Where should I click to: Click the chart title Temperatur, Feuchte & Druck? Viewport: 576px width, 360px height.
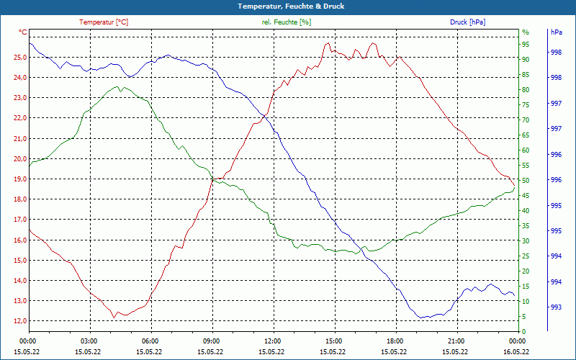click(288, 6)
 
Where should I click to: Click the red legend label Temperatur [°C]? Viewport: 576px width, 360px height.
click(104, 22)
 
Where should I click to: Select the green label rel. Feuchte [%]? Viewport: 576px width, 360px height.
click(287, 22)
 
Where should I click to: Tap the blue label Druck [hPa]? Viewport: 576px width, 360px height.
click(467, 22)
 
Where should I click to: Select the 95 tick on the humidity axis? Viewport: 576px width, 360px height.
click(526, 45)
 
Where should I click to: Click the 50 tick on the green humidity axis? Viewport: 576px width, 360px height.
click(526, 181)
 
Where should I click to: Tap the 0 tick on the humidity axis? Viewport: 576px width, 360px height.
click(523, 332)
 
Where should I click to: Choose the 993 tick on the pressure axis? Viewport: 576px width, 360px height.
click(556, 307)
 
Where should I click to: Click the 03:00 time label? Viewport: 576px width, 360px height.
click(89, 341)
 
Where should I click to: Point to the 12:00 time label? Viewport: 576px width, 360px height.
click(272, 341)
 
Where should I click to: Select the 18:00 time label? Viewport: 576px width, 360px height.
click(395, 341)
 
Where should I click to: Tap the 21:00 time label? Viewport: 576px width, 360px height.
click(456, 341)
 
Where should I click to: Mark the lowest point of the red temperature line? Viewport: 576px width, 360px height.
click(114, 318)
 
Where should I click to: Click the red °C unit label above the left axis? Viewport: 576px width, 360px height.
click(23, 32)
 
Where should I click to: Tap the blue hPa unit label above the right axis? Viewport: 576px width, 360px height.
click(556, 32)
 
